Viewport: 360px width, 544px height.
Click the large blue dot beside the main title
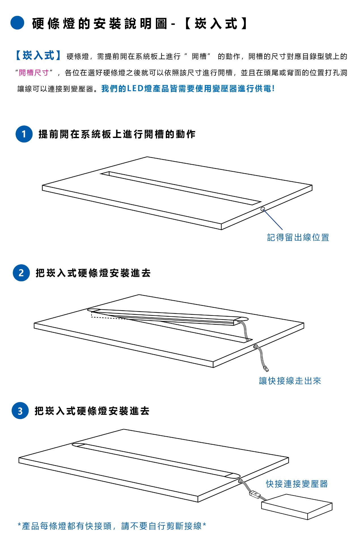[x=17, y=23]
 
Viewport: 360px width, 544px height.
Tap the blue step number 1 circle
[x=24, y=134]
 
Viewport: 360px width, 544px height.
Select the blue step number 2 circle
[x=21, y=273]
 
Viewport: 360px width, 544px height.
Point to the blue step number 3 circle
[x=20, y=411]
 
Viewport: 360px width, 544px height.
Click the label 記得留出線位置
[x=298, y=237]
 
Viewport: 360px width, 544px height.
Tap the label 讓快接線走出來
[x=290, y=381]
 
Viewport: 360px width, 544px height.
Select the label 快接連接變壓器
[x=297, y=484]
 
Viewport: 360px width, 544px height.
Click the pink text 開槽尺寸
[x=34, y=73]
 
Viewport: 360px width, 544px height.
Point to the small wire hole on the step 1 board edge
[x=263, y=209]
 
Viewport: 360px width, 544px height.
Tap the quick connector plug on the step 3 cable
[x=255, y=494]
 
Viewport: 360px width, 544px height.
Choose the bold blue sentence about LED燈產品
[x=188, y=89]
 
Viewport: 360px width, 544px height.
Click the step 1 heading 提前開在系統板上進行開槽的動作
[x=117, y=134]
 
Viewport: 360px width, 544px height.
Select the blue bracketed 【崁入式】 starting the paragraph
[x=38, y=56]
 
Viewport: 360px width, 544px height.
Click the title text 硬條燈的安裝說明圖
[x=99, y=24]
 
